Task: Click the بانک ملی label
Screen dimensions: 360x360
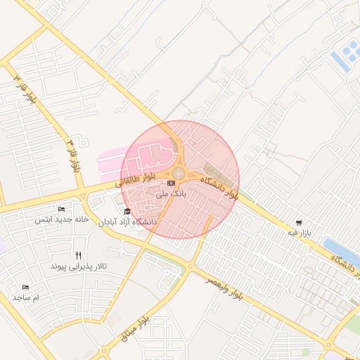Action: [169, 193]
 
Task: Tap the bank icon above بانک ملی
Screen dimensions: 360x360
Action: [172, 184]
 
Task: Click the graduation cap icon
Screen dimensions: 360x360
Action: [127, 212]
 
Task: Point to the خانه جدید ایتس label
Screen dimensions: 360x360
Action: [63, 219]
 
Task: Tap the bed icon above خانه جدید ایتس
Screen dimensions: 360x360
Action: [61, 210]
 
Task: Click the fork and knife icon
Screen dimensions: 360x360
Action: [78, 256]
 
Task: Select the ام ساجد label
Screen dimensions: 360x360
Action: [27, 297]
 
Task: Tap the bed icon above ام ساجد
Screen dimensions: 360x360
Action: [26, 287]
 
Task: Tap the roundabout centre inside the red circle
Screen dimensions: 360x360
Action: [179, 173]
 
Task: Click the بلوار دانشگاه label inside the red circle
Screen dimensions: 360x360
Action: [219, 188]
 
